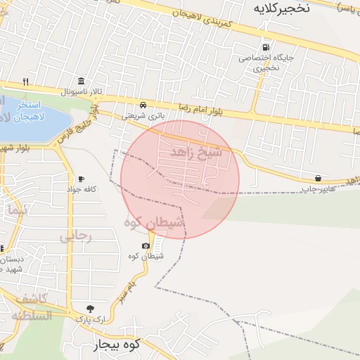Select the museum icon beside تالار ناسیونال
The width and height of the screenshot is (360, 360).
coord(82,81)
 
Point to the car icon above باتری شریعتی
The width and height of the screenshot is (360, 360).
coord(143,104)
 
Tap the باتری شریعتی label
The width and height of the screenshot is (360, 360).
coord(143,115)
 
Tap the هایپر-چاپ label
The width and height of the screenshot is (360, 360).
coord(319,188)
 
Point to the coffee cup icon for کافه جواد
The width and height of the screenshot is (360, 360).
coord(81,179)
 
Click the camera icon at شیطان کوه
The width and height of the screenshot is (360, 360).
coord(146,245)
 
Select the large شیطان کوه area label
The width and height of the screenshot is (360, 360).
coord(154,222)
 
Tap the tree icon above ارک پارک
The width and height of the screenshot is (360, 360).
coord(90,308)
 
